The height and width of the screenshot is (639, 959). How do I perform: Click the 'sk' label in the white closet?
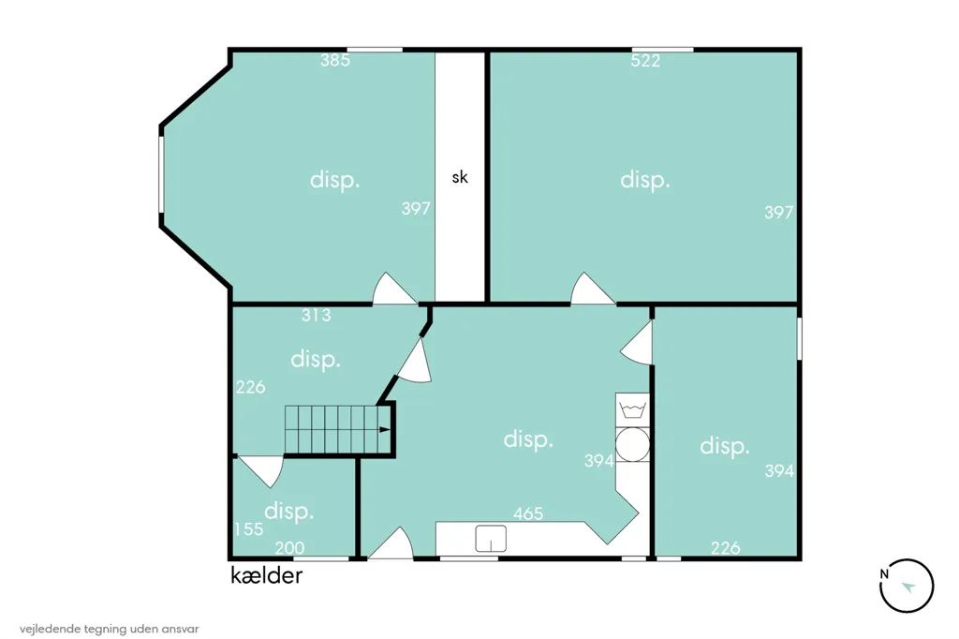(460, 177)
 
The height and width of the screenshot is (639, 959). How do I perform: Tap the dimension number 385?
(335, 60)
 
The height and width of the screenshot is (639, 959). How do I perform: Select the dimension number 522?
(645, 61)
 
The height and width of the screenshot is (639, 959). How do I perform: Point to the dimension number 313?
(317, 315)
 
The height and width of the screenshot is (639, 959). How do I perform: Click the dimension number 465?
(528, 513)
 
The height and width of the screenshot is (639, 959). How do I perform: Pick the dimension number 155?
(248, 528)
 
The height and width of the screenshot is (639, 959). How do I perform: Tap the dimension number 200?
(289, 548)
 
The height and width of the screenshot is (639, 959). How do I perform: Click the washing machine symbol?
(632, 409)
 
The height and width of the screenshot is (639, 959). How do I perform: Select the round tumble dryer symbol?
(632, 444)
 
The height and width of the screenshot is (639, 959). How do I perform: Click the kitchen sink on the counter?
(491, 539)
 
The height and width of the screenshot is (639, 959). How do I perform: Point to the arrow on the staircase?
(384, 430)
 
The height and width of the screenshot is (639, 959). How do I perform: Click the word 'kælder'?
(267, 575)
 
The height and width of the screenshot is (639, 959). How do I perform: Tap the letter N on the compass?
(884, 574)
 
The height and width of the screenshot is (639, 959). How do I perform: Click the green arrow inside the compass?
(908, 587)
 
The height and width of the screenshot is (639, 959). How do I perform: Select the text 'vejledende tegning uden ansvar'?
(109, 629)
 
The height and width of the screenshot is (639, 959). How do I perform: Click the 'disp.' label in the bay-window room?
(334, 181)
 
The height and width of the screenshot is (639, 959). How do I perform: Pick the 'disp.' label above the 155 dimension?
(288, 511)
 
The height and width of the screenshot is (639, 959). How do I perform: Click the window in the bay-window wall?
(161, 174)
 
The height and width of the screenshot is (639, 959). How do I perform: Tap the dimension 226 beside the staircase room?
(250, 387)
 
